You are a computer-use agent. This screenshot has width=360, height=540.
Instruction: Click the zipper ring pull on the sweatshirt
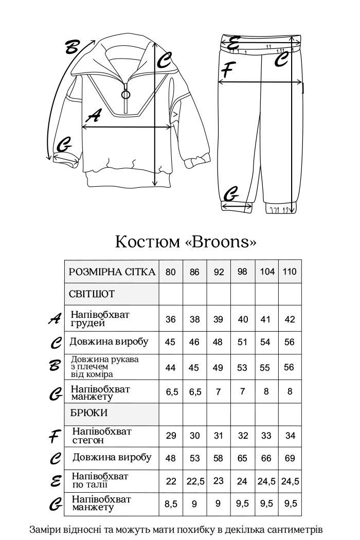click(x=126, y=94)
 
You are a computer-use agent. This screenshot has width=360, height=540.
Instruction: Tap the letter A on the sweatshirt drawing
click(x=93, y=117)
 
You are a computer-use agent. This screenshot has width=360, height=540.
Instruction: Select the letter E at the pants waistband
click(x=234, y=44)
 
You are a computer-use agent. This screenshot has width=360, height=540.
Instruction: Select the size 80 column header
click(x=171, y=272)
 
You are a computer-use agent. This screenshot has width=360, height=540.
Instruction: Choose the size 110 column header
click(x=290, y=272)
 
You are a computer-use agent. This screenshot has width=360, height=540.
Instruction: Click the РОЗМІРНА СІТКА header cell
click(x=112, y=272)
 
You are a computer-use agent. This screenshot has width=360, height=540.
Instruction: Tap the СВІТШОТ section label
click(x=92, y=294)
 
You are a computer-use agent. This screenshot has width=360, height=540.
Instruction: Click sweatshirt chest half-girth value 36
click(x=171, y=319)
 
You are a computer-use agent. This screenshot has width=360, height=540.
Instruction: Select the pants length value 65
click(x=242, y=458)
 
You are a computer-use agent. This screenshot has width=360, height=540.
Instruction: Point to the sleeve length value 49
click(x=218, y=367)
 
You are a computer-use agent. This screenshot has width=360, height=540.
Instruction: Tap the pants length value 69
click(x=290, y=458)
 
